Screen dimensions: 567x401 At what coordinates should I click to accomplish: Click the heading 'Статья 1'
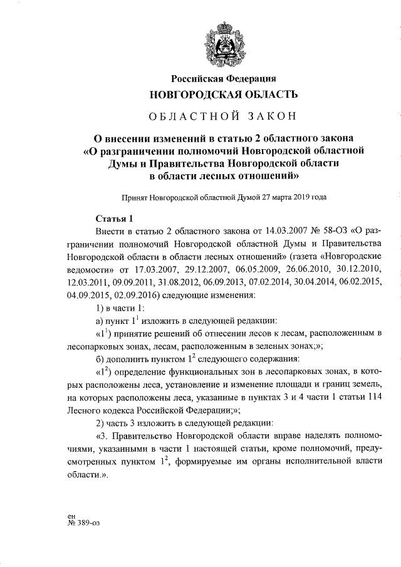(114, 219)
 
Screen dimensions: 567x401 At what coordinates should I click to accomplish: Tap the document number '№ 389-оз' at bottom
(83, 524)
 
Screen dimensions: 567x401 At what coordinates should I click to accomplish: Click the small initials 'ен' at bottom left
(72, 516)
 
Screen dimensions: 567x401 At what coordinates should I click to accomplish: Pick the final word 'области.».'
(86, 475)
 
